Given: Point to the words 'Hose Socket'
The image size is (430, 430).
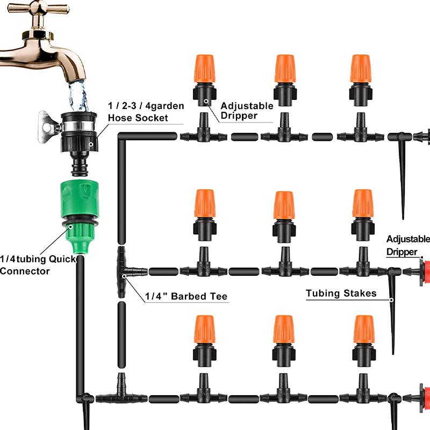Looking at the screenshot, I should [x=138, y=118].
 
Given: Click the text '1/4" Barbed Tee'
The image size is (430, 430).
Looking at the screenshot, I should [x=186, y=296].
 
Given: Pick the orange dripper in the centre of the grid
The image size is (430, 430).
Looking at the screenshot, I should [x=284, y=205].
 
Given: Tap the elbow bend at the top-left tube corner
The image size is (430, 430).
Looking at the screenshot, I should [x=123, y=136].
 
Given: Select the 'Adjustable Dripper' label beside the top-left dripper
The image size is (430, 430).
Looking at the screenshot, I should [x=246, y=110].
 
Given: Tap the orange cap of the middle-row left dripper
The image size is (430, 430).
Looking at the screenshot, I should [x=205, y=203].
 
